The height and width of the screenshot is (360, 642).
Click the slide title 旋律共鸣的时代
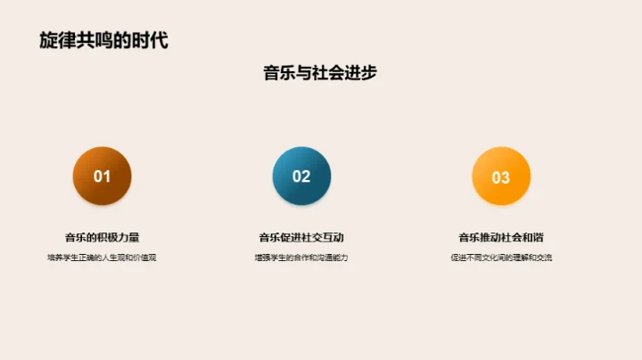coord(103,40)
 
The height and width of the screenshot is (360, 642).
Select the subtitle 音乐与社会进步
coord(320,73)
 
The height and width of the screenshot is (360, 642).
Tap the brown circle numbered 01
coord(102,176)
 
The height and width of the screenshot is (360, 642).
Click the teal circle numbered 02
coord(301,176)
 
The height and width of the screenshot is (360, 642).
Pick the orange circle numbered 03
coord(500,176)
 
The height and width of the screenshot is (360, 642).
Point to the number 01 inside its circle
coord(102,176)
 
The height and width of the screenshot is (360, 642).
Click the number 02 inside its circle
coord(301,176)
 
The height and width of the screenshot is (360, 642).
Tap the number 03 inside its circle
coord(500,177)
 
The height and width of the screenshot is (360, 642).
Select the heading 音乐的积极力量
coord(102,237)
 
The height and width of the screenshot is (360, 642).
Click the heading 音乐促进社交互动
coord(301,237)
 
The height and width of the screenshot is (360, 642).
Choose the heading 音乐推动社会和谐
coord(501,237)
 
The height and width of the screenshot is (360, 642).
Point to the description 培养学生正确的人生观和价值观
coord(102,258)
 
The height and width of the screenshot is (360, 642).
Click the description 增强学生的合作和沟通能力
coord(301,258)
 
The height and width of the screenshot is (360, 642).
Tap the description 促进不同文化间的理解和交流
coord(501,258)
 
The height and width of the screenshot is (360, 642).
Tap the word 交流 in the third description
coord(542,258)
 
